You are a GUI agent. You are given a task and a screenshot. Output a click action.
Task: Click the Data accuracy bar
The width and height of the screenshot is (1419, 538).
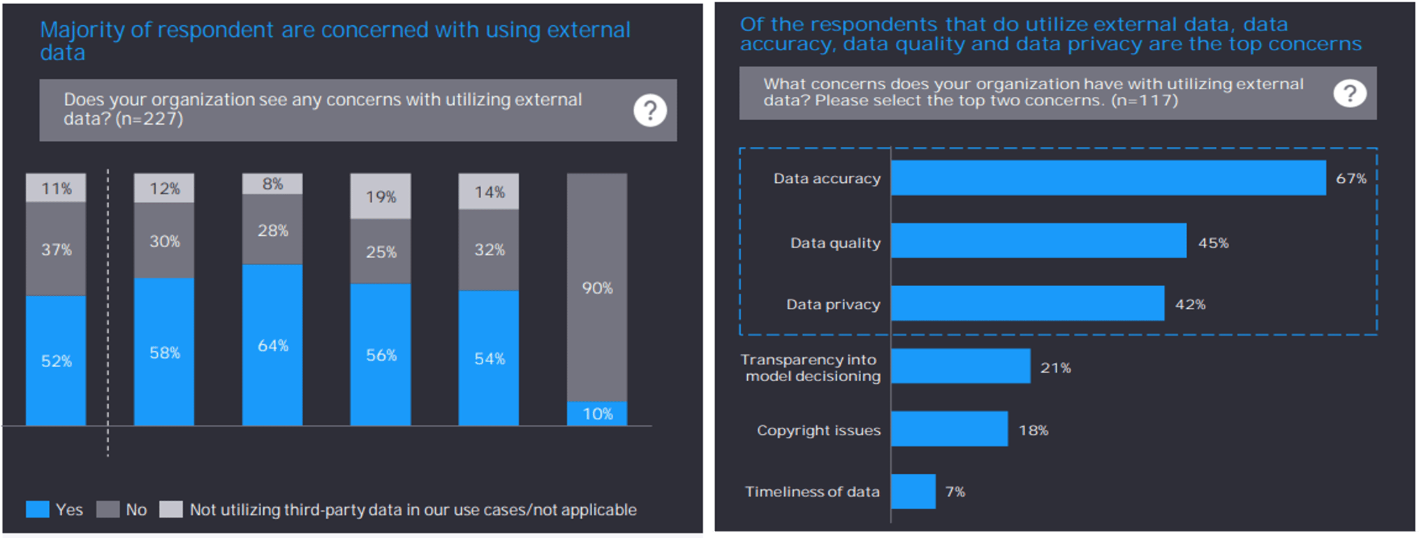[1108, 178]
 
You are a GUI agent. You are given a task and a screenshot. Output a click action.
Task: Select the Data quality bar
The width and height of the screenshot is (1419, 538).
[1038, 241]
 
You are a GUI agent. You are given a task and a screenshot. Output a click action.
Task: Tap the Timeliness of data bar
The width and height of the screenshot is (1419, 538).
[913, 491]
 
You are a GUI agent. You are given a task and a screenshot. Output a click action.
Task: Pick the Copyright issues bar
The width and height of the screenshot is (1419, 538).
[950, 428]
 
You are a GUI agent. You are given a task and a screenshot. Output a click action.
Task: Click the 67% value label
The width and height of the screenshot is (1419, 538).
[1351, 179]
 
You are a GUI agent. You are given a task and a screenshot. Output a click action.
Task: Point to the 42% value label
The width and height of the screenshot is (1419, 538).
[1190, 304]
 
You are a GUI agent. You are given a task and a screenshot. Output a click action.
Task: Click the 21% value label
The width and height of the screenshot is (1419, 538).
[1055, 368]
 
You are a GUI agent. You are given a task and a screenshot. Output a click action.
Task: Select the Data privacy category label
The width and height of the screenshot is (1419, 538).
[833, 304]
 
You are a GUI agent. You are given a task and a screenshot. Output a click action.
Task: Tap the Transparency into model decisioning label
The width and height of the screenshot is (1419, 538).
[811, 368]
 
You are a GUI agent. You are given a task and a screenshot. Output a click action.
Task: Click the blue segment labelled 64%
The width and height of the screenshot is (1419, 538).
[272, 345]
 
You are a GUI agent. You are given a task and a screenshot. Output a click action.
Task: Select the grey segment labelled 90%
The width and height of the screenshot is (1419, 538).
[597, 287]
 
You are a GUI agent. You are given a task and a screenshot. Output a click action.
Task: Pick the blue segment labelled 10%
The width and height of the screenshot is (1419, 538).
[597, 414]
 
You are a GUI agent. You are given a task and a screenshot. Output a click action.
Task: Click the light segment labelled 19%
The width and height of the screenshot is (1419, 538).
[381, 196]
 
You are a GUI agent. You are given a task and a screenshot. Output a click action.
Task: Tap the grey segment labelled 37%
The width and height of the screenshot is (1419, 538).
[56, 249]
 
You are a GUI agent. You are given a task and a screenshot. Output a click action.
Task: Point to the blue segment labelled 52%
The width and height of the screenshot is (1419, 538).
[56, 361]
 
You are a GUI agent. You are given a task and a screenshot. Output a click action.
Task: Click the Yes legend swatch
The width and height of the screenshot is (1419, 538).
[38, 509]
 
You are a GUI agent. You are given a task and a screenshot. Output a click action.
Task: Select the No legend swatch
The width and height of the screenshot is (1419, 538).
[108, 509]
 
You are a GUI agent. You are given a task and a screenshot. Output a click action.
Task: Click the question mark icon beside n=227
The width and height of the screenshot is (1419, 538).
[650, 110]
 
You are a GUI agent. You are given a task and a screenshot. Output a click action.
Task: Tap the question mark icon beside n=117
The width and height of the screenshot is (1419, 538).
[1350, 93]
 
